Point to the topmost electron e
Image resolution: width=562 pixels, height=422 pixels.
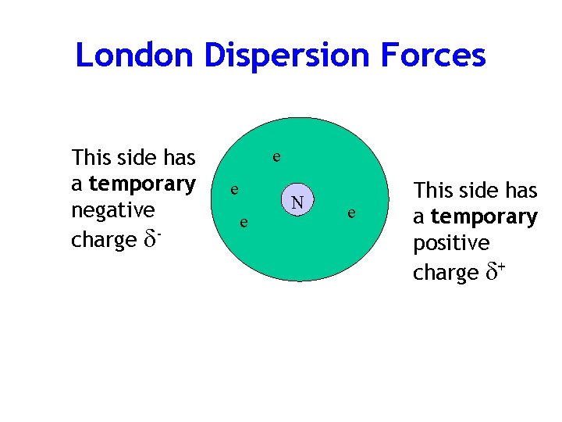tap(276, 157)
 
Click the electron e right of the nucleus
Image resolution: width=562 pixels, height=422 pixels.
tap(353, 212)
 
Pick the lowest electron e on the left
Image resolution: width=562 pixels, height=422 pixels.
tap(244, 224)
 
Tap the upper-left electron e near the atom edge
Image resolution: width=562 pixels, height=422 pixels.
tap(232, 190)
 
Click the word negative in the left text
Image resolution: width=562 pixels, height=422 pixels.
tap(112, 211)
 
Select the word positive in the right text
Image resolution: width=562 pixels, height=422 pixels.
tap(451, 244)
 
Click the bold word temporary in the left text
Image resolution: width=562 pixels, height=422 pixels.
tap(142, 184)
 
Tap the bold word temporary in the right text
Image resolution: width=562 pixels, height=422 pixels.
tap(484, 216)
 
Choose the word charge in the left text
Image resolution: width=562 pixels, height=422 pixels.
tap(103, 240)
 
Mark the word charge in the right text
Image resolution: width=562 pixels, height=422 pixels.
tap(445, 273)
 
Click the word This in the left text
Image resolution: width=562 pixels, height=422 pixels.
tap(89, 157)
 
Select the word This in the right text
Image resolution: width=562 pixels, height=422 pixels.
tap(432, 190)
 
